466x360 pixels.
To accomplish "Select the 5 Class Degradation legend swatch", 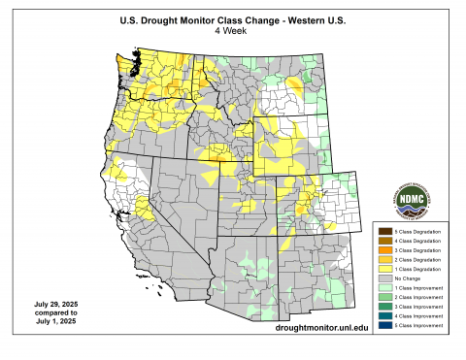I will tap(384, 231).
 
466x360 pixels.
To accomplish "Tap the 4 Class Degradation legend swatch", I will tap(384, 241).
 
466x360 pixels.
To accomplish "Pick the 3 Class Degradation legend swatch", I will tap(384, 250).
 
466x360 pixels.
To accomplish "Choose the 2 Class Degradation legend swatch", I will tap(384, 260).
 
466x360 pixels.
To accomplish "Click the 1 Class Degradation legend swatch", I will tap(384, 269).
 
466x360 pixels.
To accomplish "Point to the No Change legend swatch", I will tap(384, 278).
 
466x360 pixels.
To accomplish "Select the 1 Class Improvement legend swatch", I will tap(384, 288).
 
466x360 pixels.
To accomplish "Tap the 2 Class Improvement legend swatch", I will tap(384, 297).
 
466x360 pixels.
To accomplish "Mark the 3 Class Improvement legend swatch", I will tap(384, 307).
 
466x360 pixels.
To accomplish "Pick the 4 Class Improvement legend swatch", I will tap(384, 316).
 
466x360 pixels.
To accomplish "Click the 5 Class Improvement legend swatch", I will tap(384, 326).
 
